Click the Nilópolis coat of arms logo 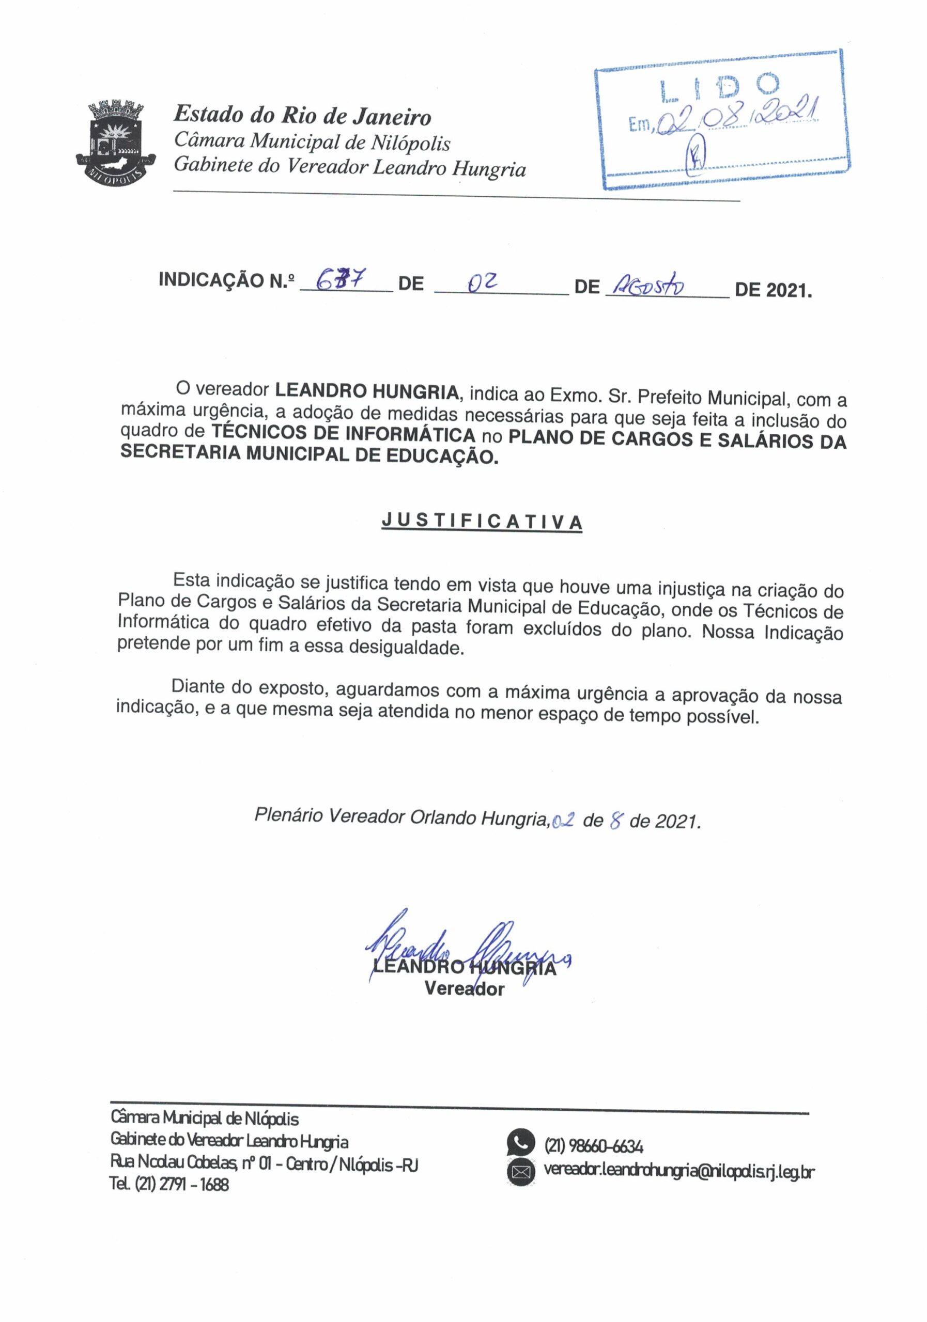tap(116, 141)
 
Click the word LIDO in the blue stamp tap(720, 86)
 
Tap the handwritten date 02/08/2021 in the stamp tap(738, 119)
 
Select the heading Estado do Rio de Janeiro tap(302, 116)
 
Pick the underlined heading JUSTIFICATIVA tap(482, 522)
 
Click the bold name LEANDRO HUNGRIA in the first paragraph tap(366, 391)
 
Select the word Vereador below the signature tap(465, 989)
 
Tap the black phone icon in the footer tap(520, 1142)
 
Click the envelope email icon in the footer tap(520, 1171)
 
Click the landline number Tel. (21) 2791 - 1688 tap(169, 1185)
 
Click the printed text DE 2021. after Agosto tap(773, 289)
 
